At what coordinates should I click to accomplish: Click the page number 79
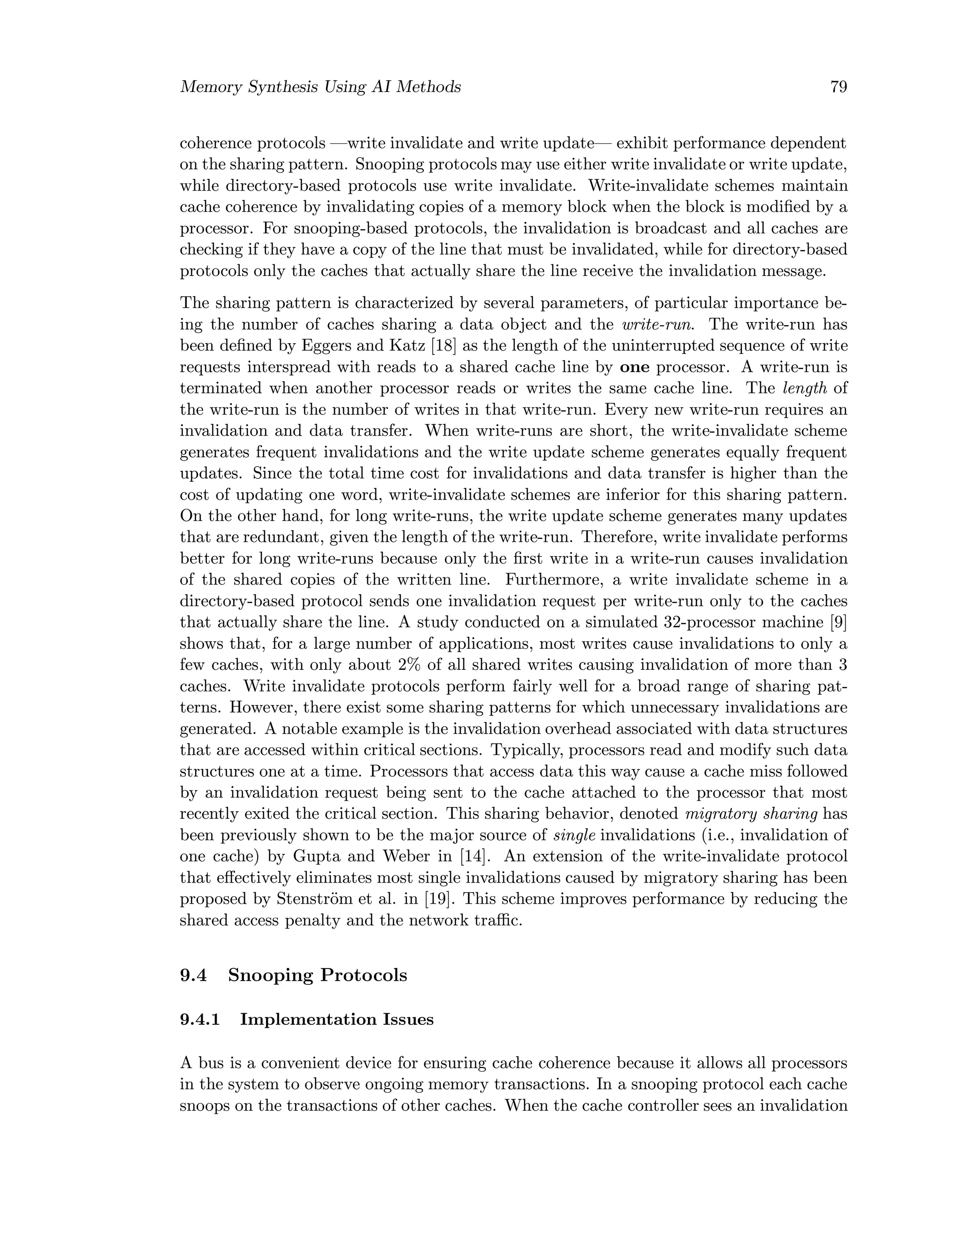tap(839, 87)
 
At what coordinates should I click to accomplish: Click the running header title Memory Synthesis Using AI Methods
tap(320, 87)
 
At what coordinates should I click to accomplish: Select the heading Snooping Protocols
tap(318, 975)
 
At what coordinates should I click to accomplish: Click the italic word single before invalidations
tap(574, 836)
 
